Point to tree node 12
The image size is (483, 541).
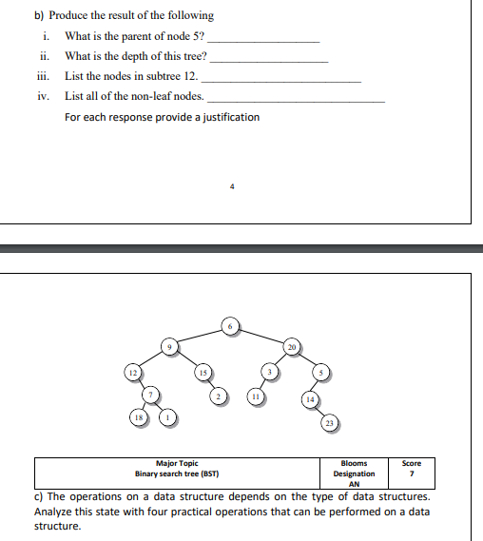pyautogui.click(x=133, y=373)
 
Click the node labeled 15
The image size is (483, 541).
pyautogui.click(x=203, y=372)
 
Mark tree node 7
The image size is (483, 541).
pyautogui.click(x=149, y=395)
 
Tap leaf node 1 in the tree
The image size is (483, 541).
pyautogui.click(x=168, y=417)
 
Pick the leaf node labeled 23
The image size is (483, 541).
pyautogui.click(x=328, y=422)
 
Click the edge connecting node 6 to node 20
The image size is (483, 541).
pyautogui.click(x=261, y=336)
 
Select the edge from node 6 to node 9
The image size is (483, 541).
pyautogui.click(x=199, y=337)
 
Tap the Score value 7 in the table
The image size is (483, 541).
pyautogui.click(x=412, y=473)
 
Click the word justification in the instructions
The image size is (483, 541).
pyautogui.click(x=224, y=117)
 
